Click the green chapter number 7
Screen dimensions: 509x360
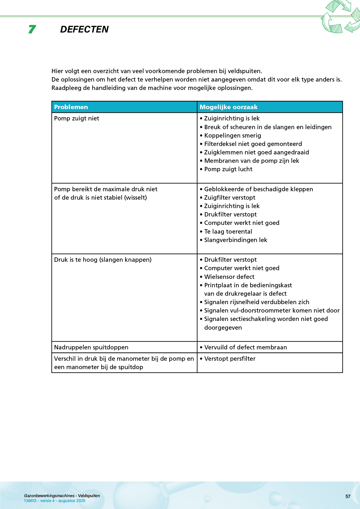[x=32, y=29]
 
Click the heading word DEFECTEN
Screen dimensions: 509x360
[x=84, y=29]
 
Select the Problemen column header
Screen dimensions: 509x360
[x=71, y=107]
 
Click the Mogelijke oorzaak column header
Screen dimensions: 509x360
[x=228, y=107]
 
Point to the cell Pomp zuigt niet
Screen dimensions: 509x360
[x=77, y=118]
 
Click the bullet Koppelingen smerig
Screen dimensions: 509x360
[x=232, y=136]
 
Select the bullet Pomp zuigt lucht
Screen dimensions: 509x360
[x=228, y=169]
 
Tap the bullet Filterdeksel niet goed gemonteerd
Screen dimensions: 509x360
[x=253, y=144]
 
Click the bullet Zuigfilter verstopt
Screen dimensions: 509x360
[x=229, y=198]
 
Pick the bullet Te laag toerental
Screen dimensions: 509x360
[x=228, y=232]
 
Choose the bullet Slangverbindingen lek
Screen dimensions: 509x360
[x=235, y=240]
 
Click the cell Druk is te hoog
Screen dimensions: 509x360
[x=103, y=260]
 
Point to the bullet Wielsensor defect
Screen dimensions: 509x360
[x=229, y=277]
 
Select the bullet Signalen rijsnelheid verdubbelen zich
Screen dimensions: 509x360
[x=256, y=302]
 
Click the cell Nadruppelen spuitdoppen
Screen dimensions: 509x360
[x=91, y=347]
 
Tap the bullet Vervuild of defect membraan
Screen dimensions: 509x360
[x=245, y=347]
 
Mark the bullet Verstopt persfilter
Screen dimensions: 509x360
[x=230, y=359]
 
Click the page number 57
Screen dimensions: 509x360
[x=348, y=497]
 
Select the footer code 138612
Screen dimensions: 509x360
[x=30, y=501]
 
